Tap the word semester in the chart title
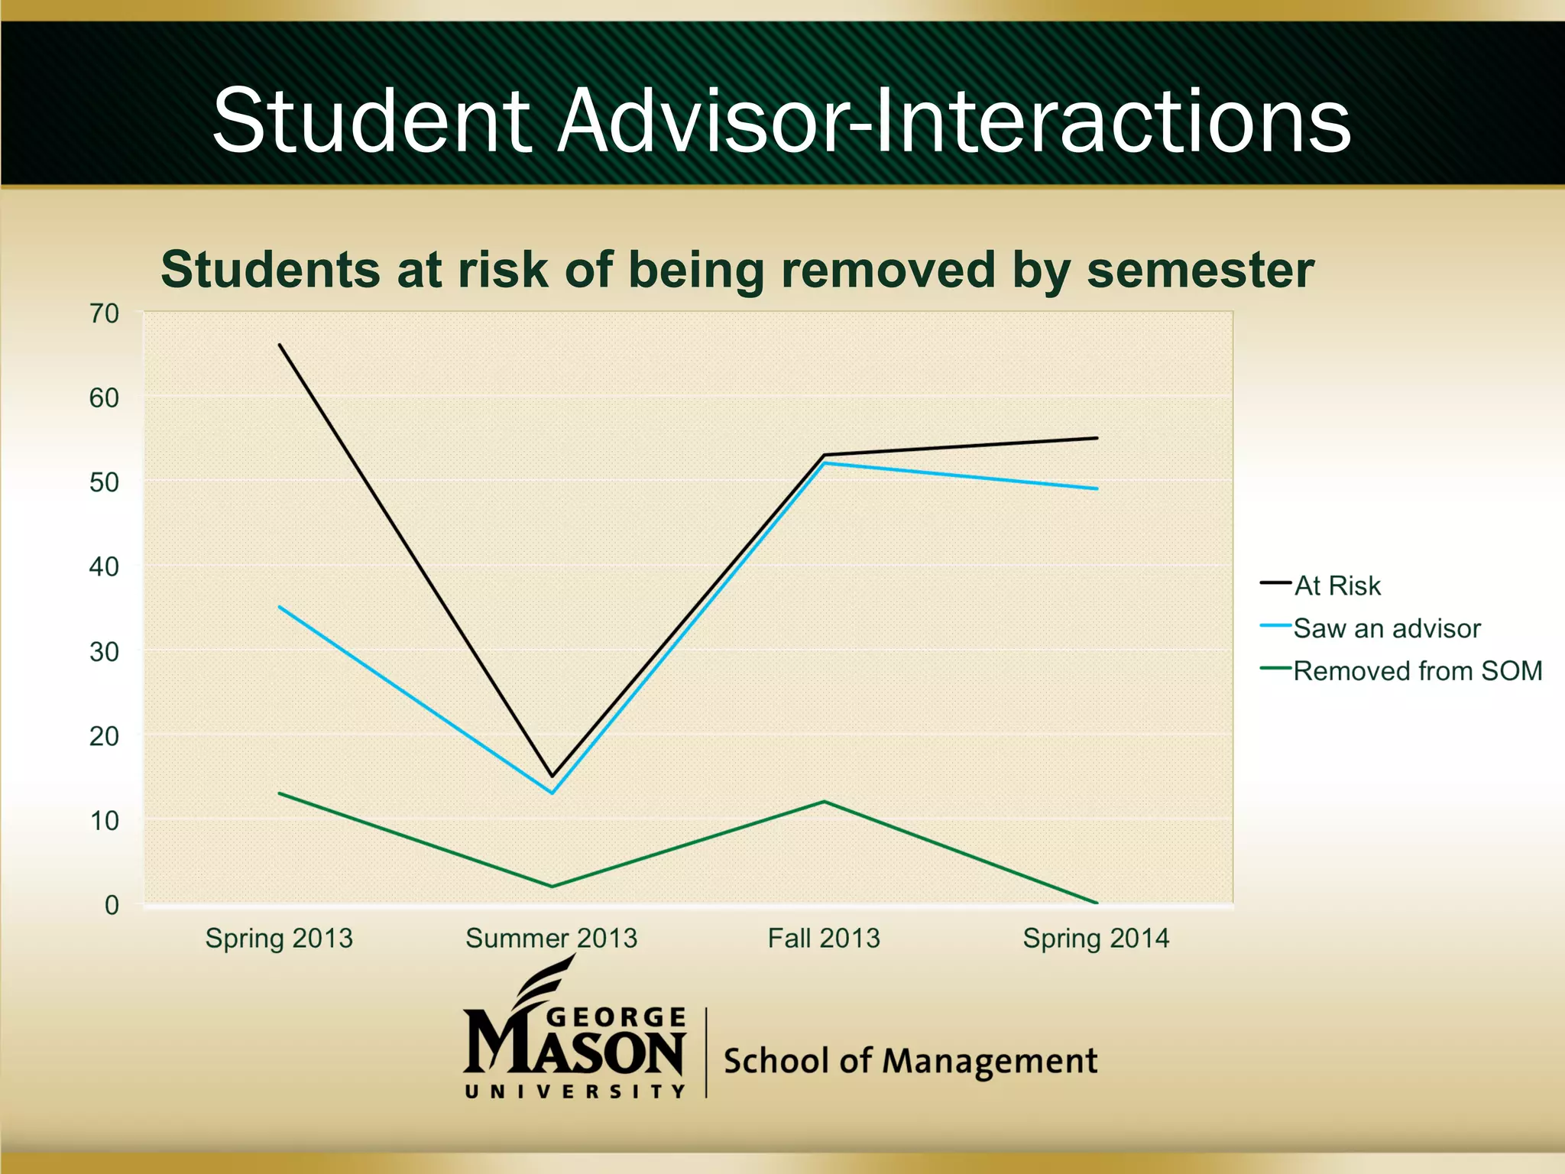click(1200, 270)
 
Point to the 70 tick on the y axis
click(105, 313)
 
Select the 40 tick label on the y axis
click(105, 567)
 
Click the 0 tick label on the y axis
click(112, 905)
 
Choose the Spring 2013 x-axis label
click(279, 938)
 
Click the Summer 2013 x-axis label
click(551, 938)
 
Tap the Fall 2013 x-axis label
click(824, 938)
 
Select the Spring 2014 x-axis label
click(1096, 938)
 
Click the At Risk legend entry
click(1337, 585)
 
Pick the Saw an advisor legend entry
click(1386, 628)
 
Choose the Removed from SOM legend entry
click(1417, 671)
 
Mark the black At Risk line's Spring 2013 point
click(280, 345)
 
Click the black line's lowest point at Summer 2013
click(552, 776)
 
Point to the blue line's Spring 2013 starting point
click(280, 607)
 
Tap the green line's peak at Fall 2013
click(824, 802)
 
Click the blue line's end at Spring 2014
click(1097, 488)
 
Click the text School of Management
click(909, 1061)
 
